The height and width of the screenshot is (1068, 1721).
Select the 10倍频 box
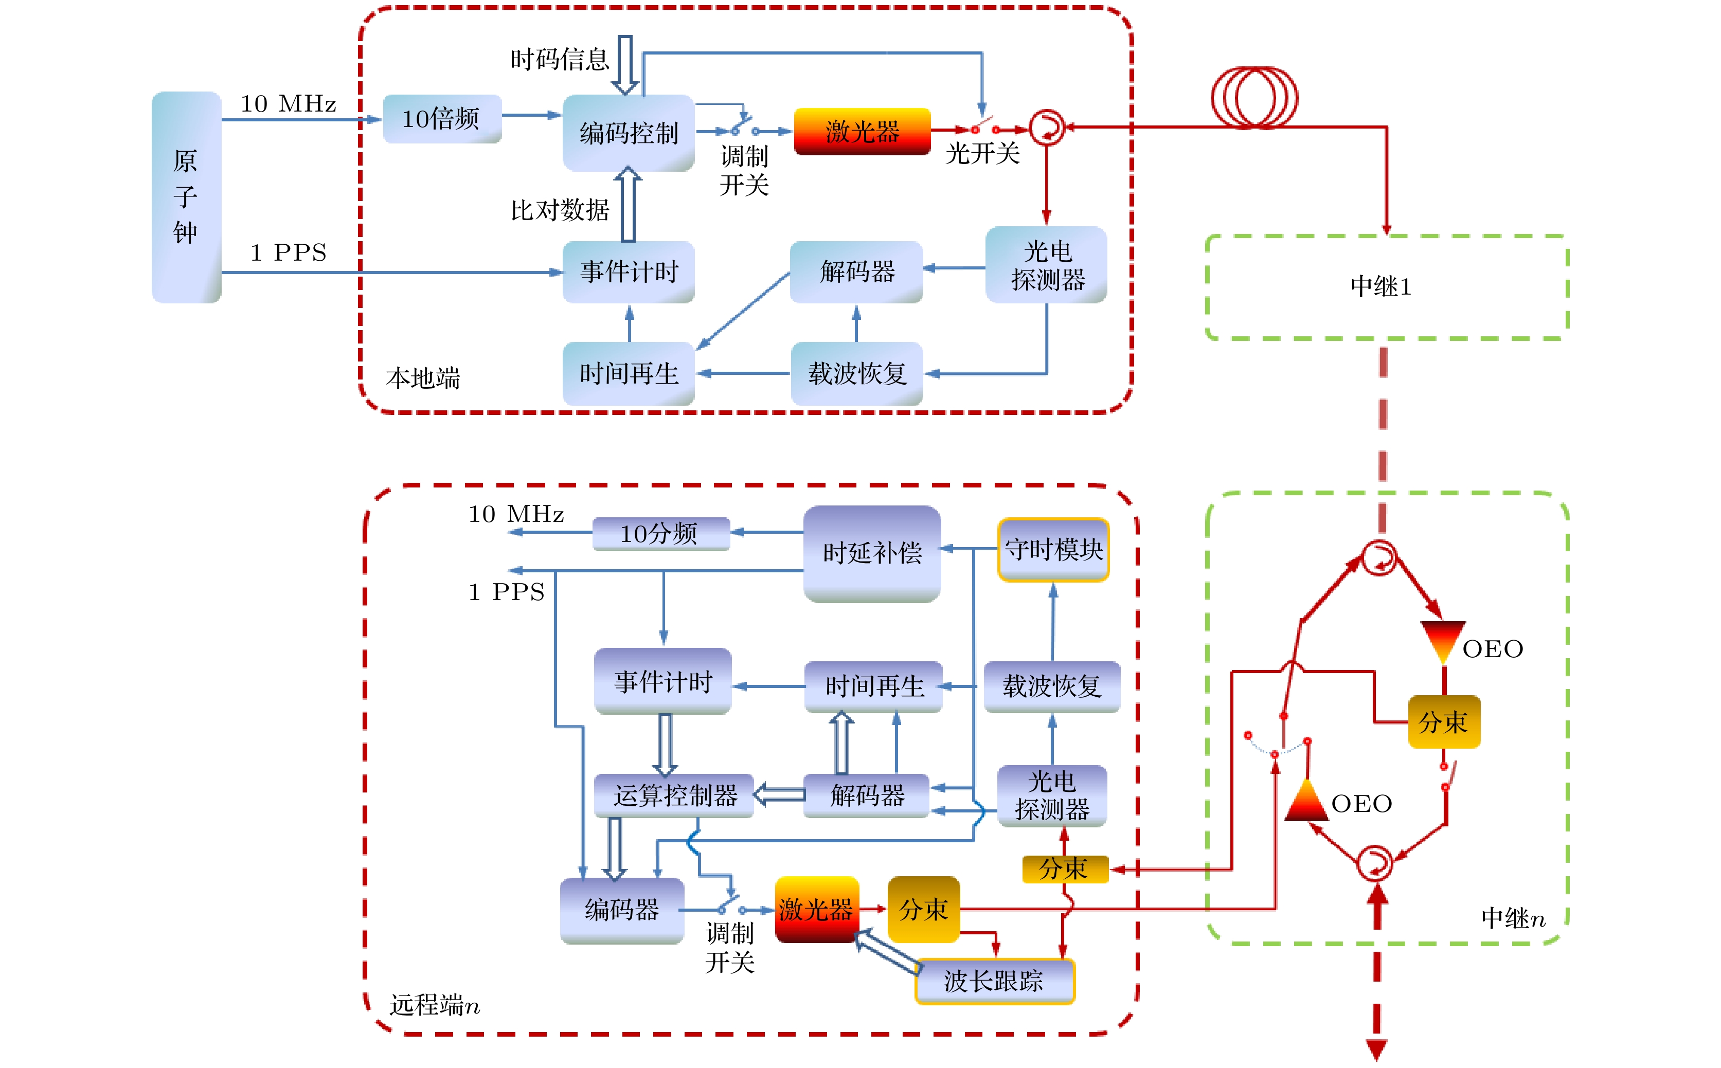point(441,119)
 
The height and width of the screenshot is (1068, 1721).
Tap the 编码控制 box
point(628,133)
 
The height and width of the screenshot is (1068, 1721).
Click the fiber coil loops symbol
point(1254,98)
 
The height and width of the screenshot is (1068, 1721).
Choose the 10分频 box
point(660,533)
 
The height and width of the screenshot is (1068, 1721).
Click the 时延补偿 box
point(872,553)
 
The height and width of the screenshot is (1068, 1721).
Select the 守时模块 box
point(1053,550)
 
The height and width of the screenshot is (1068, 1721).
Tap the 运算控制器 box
point(675,796)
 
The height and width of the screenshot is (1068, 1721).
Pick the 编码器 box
point(622,910)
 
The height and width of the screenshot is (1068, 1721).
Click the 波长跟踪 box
point(994,981)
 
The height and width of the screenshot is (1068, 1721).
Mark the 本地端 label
point(422,378)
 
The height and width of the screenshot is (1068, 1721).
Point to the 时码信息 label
point(560,59)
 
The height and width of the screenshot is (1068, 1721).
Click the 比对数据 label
point(560,210)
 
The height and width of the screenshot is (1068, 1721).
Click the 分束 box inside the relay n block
point(1443,722)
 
